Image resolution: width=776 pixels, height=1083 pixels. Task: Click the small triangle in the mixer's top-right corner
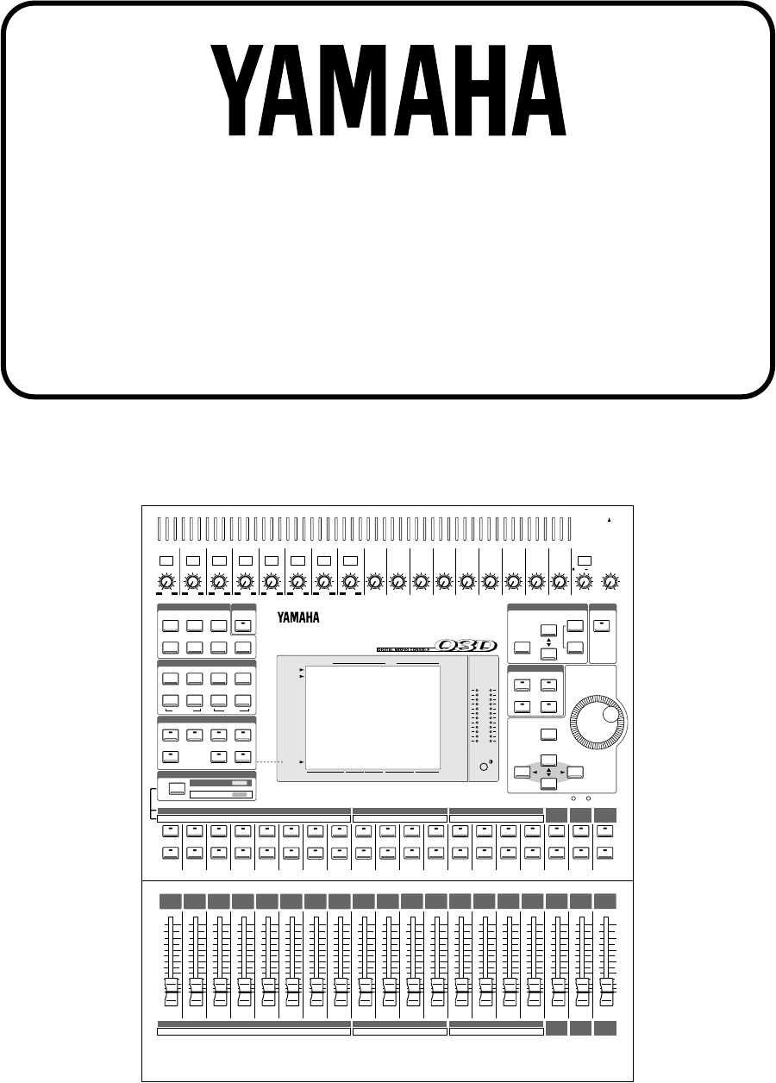[610, 521]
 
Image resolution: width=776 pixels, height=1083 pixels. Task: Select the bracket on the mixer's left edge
[153, 801]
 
